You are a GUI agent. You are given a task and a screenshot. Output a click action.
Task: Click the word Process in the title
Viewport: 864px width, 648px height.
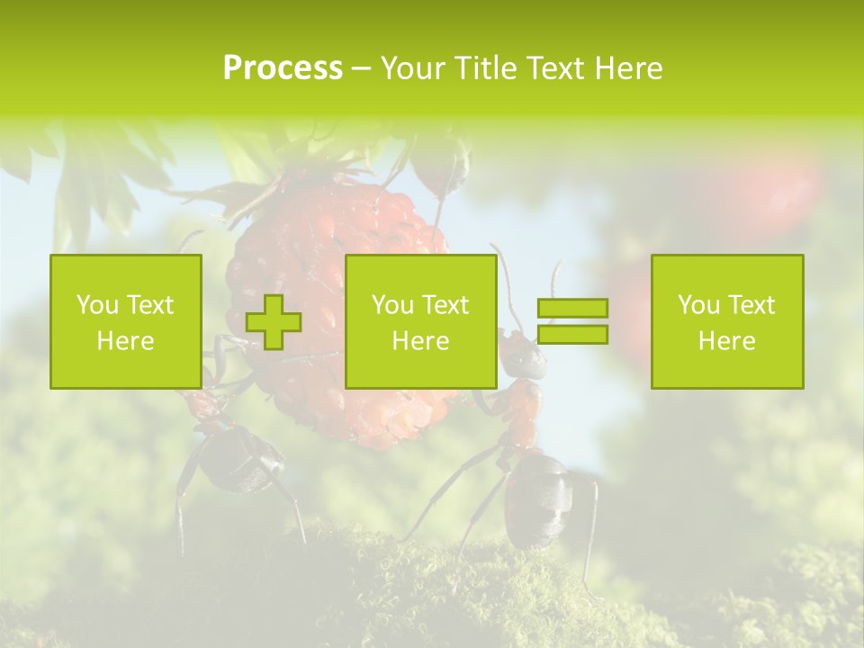coord(283,68)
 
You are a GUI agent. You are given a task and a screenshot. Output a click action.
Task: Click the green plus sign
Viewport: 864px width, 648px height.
coord(274,322)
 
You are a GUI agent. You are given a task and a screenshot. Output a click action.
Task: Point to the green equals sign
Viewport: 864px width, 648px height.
coord(572,321)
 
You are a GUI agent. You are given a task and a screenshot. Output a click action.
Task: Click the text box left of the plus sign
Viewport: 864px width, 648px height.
coord(126,321)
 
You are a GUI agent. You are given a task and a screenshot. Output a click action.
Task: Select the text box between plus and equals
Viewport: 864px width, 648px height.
coord(420,321)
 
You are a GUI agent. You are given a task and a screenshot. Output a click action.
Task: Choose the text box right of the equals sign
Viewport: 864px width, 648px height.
coord(726,321)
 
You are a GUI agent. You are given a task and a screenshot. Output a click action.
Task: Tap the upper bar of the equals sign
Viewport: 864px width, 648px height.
coord(572,309)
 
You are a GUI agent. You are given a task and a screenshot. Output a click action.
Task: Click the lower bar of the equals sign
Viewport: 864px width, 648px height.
coord(572,334)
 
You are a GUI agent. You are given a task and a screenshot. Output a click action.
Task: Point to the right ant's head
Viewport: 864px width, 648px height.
coord(522,355)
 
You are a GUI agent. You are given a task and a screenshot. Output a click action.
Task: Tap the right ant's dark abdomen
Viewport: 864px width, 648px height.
coord(538,499)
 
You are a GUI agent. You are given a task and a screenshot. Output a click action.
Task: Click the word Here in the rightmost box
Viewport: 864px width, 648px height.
coord(726,340)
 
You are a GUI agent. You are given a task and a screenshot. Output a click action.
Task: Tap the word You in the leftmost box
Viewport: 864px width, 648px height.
coord(96,305)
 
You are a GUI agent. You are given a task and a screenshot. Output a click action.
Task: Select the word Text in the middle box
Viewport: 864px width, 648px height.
coord(446,305)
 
